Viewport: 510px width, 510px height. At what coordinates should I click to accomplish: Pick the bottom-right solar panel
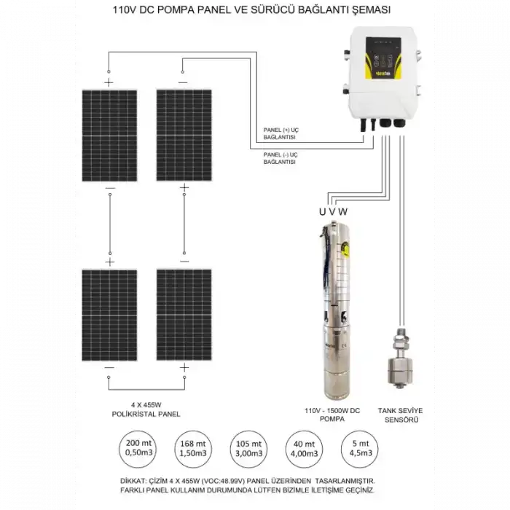click(184, 315)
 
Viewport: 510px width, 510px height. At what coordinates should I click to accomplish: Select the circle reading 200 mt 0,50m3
click(140, 449)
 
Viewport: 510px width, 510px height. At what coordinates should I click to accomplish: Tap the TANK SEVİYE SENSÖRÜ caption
click(400, 415)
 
